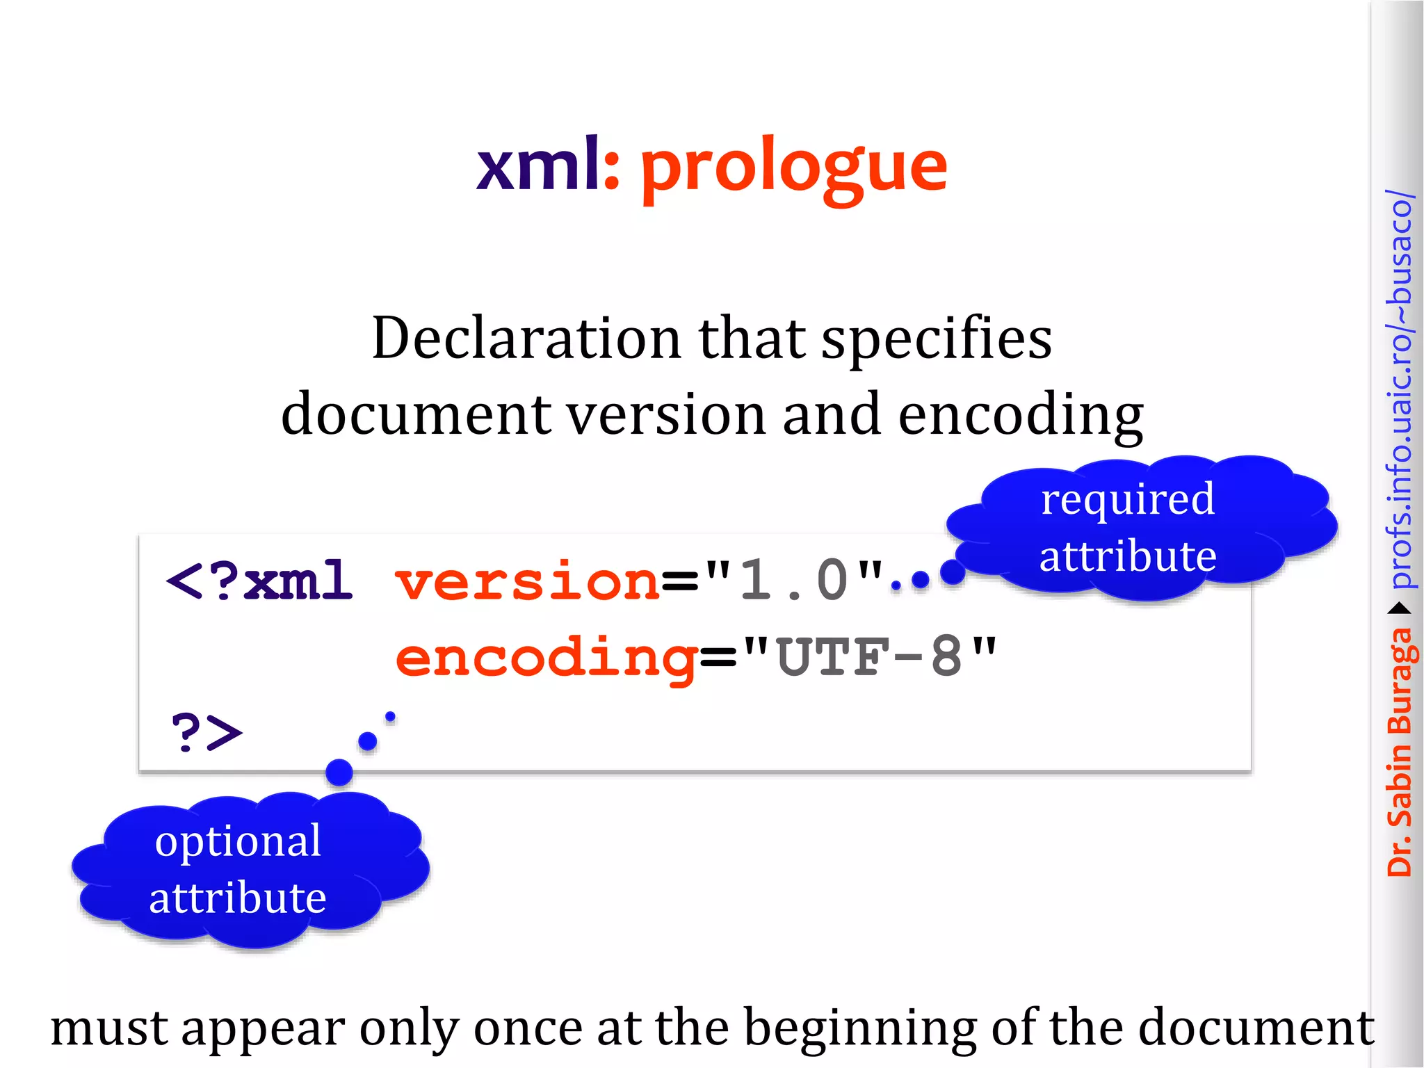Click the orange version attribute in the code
(527, 581)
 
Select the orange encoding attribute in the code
(547, 658)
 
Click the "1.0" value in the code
(793, 580)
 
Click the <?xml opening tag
(259, 581)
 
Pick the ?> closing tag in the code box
(207, 732)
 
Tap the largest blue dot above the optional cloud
(339, 772)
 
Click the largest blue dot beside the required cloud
(952, 572)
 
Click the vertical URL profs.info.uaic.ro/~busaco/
(1399, 389)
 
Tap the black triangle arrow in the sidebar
(1399, 609)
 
